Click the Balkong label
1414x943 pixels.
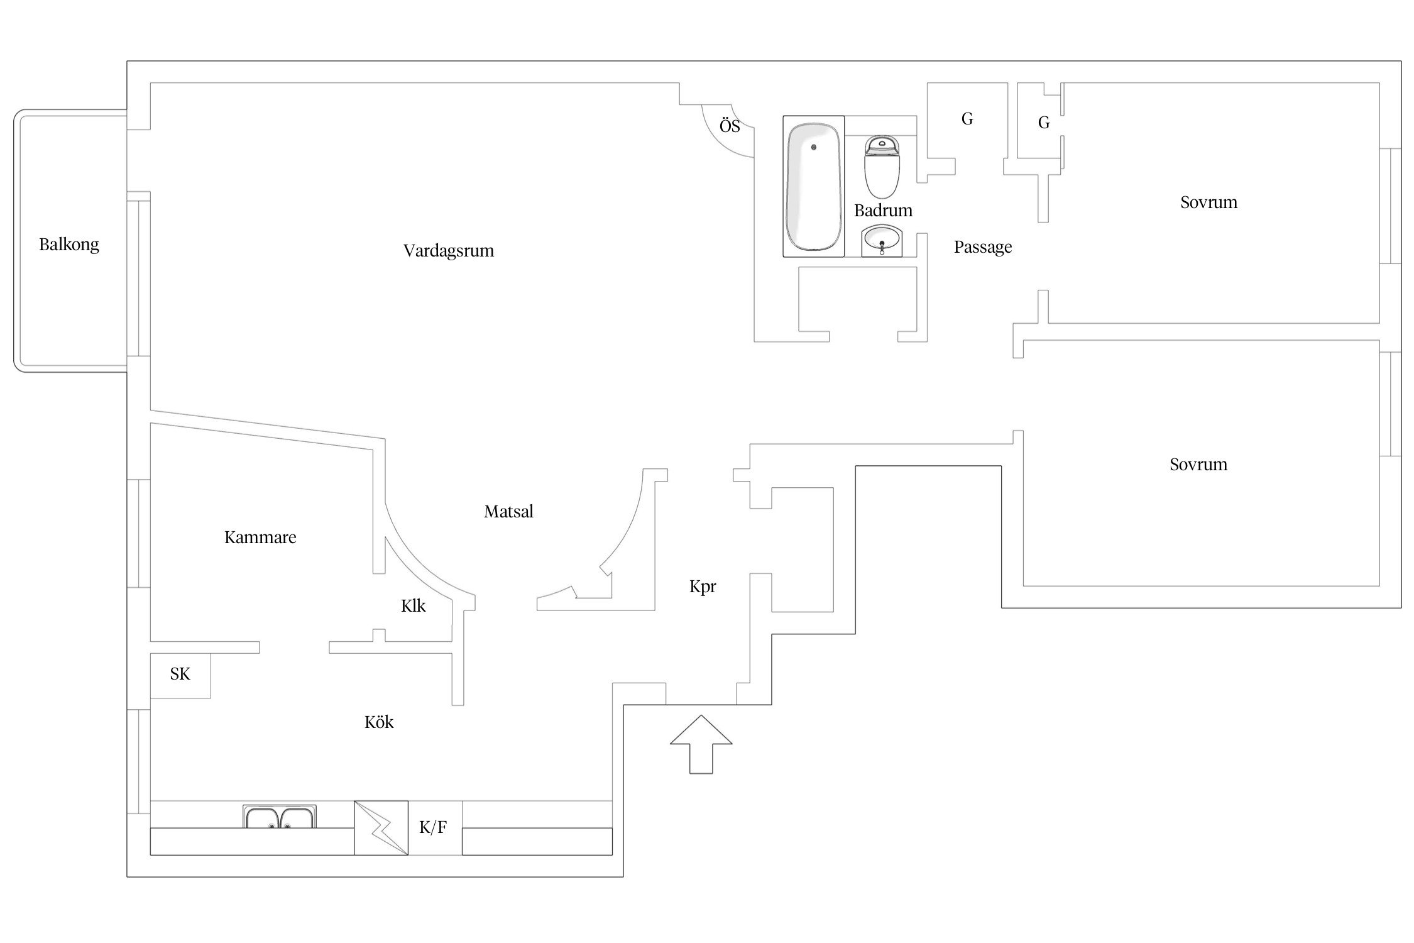69,245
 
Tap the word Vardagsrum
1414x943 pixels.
448,251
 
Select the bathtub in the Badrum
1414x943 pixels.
813,187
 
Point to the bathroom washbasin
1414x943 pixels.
882,240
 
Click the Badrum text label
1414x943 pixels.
883,211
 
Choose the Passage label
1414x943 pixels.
983,247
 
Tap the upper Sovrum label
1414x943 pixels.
1208,202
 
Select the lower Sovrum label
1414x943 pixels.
1198,465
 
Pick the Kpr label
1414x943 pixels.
703,587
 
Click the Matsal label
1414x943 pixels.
508,512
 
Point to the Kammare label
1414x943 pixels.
260,538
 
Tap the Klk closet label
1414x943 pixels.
413,606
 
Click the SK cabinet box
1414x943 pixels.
180,675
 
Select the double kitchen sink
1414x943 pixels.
279,817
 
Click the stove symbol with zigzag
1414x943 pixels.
381,827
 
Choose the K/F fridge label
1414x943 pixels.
433,827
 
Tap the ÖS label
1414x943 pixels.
730,127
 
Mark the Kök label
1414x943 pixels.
379,722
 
